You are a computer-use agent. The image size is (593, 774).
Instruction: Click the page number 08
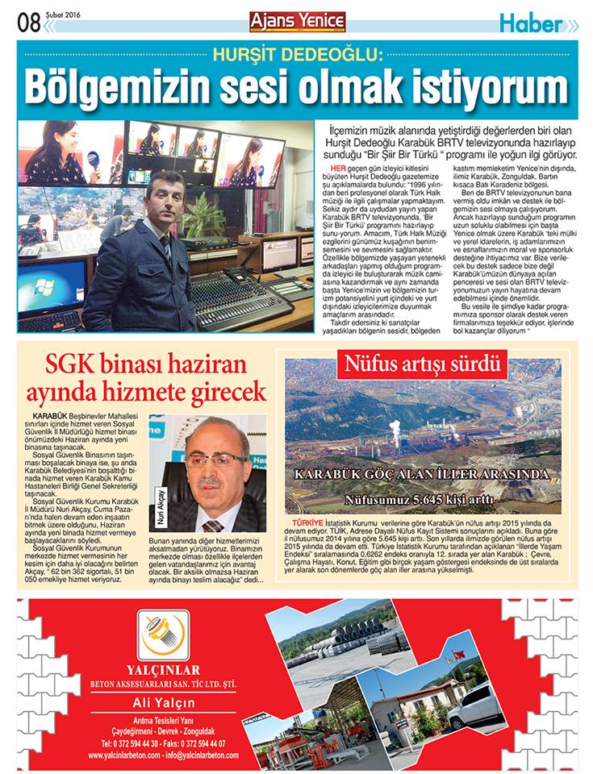tap(28, 23)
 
